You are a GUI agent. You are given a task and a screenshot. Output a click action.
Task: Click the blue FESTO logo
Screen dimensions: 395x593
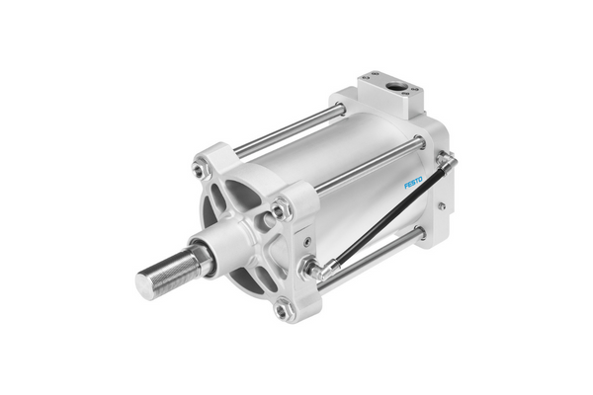point(412,183)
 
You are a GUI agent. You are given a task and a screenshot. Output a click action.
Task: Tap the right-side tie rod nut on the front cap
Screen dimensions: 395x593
point(281,208)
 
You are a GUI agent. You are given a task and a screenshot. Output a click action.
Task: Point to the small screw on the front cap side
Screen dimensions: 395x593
point(307,240)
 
